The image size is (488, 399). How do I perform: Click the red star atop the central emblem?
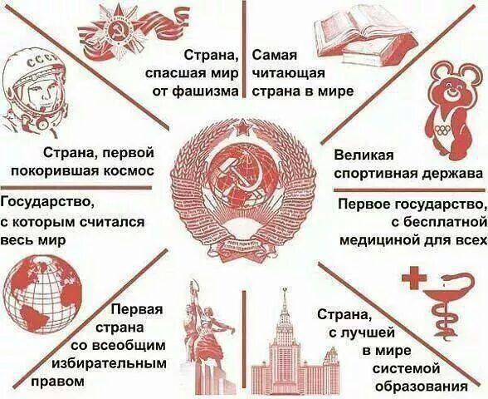242,128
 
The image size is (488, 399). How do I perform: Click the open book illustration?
367,35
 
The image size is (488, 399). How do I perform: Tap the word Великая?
364,155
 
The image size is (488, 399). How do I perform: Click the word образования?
422,387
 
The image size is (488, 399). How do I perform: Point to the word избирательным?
110,364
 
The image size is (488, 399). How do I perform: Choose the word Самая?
275,56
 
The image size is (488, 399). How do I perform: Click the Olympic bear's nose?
450,90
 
